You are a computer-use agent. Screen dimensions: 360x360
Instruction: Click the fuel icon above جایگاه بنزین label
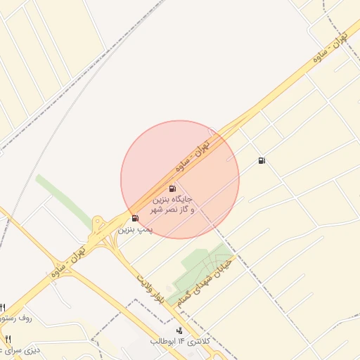pyautogui.click(x=172, y=188)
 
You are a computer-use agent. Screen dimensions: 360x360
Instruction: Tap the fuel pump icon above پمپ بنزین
pyautogui.click(x=135, y=219)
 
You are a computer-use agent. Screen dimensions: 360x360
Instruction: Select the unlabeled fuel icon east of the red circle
pyautogui.click(x=262, y=161)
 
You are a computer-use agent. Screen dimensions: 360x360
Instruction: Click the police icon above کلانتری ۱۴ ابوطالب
pyautogui.click(x=179, y=330)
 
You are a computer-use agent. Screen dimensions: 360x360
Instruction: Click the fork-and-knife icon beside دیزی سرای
pyautogui.click(x=8, y=340)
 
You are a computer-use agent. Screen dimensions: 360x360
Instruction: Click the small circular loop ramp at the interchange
pyautogui.click(x=98, y=221)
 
